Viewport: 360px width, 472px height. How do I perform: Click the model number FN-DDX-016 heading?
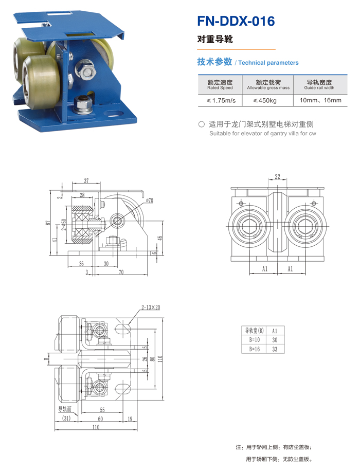(236, 21)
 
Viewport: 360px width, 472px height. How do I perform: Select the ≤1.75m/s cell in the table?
(221, 101)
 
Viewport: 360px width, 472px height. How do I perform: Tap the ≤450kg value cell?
(264, 101)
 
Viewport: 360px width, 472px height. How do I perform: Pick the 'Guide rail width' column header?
(319, 84)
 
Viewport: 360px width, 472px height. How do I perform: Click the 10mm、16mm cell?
(320, 100)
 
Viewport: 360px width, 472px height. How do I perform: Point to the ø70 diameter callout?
(150, 200)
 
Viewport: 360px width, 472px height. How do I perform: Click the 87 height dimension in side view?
(47, 223)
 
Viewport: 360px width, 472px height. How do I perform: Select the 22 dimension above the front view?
(278, 176)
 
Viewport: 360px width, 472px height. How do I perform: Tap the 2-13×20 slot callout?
(151, 307)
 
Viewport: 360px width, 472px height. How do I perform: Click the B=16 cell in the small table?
(255, 349)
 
